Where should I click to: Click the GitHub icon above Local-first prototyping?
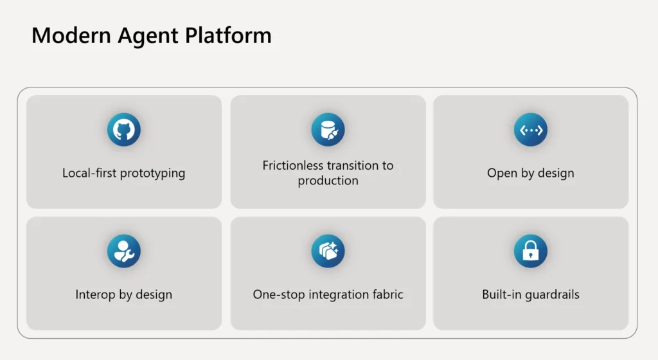[x=123, y=130]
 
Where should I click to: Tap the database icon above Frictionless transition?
[x=328, y=130]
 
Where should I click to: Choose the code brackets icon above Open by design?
[x=531, y=130]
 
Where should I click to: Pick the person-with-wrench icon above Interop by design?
[x=123, y=251]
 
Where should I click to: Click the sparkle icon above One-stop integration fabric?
[x=328, y=251]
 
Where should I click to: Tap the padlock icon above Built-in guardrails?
[x=531, y=251]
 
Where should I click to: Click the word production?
[x=328, y=181]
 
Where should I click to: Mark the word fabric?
[x=387, y=295]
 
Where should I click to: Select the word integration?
[x=337, y=295]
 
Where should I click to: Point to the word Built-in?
[x=501, y=295]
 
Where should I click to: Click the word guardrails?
[x=552, y=295]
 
